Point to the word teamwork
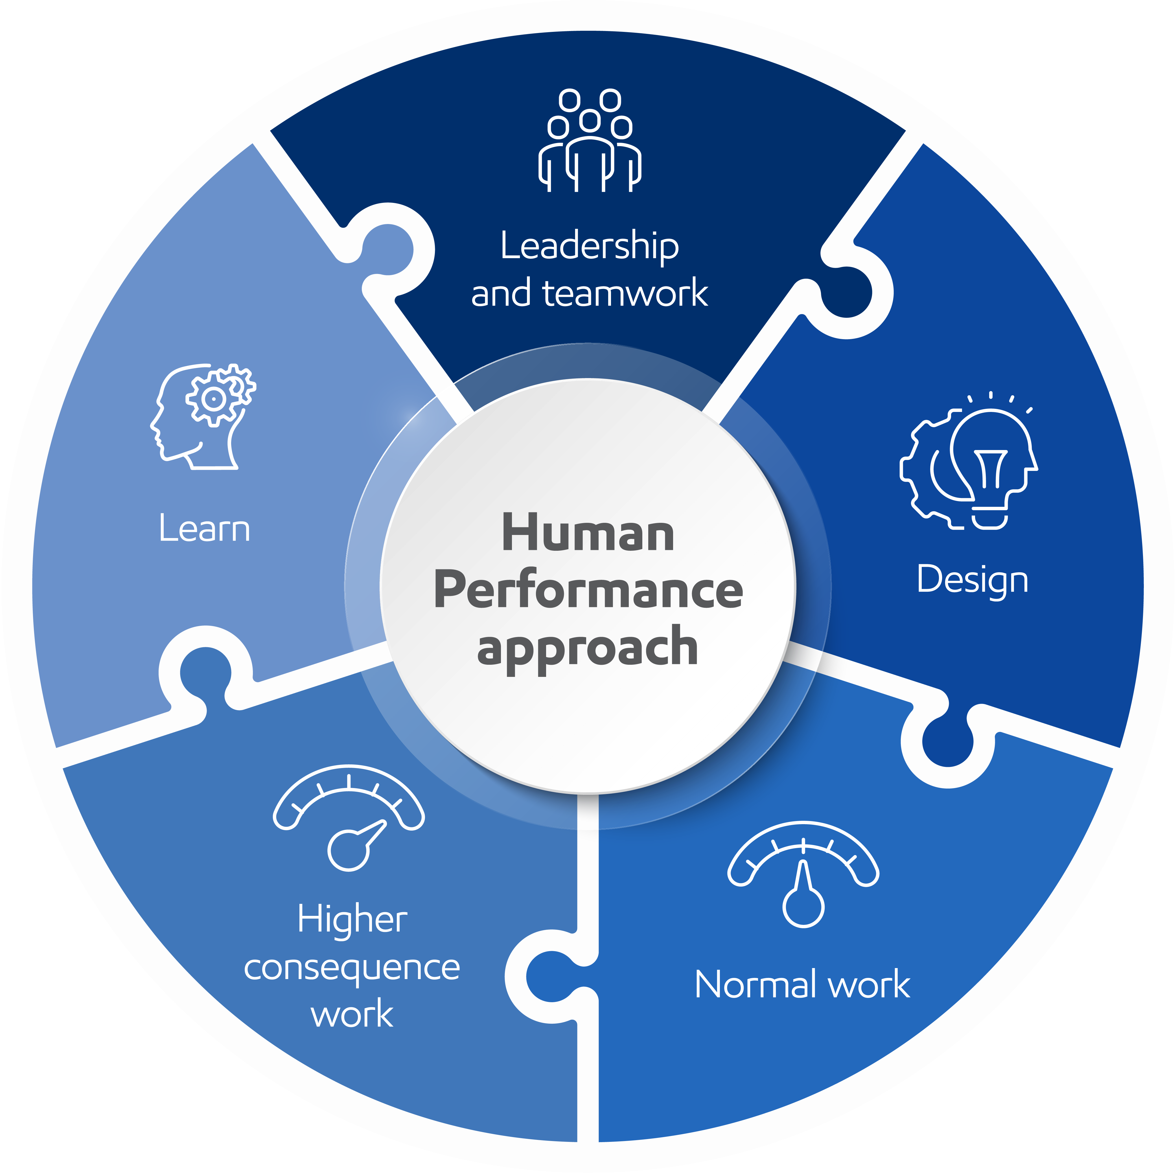625,293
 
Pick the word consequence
352,967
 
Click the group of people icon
589,141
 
